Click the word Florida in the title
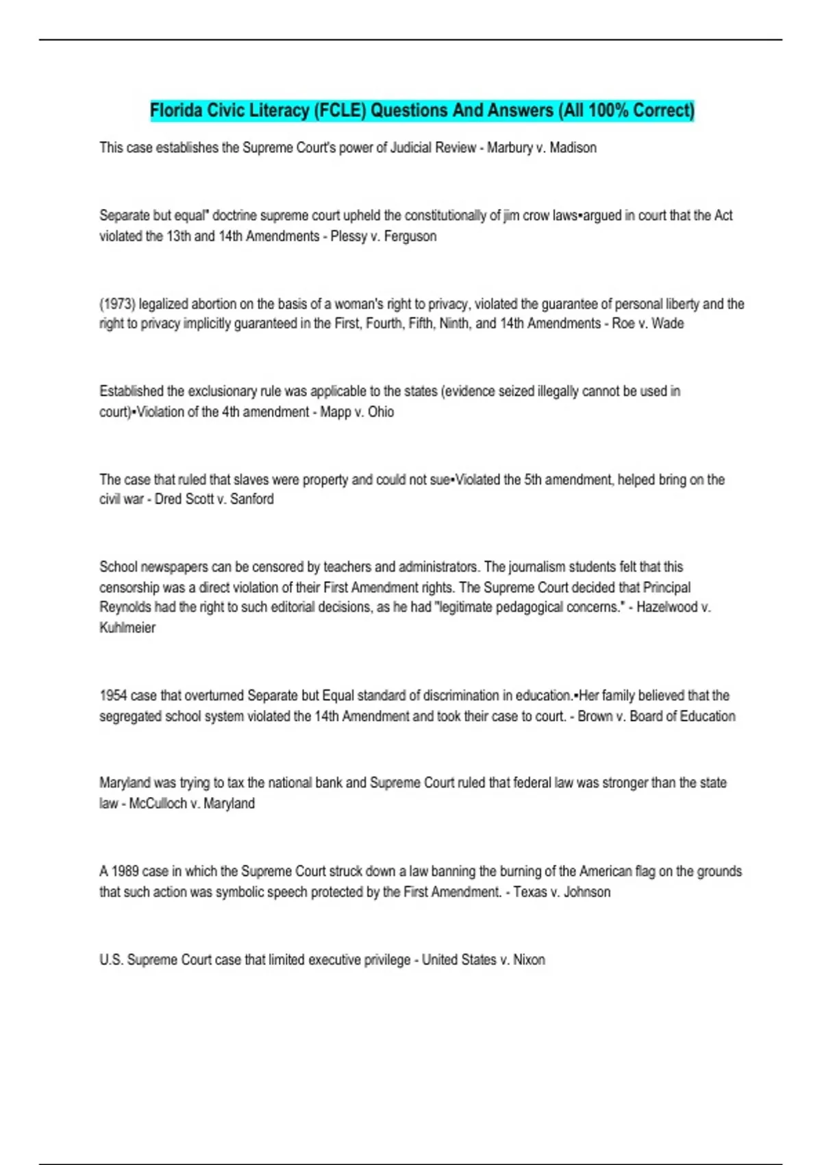[172, 110]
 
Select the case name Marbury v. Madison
[541, 148]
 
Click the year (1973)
[117, 304]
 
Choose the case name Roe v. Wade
[647, 323]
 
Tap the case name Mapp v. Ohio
[357, 412]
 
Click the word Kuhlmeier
[127, 628]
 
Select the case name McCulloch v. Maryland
[192, 804]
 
